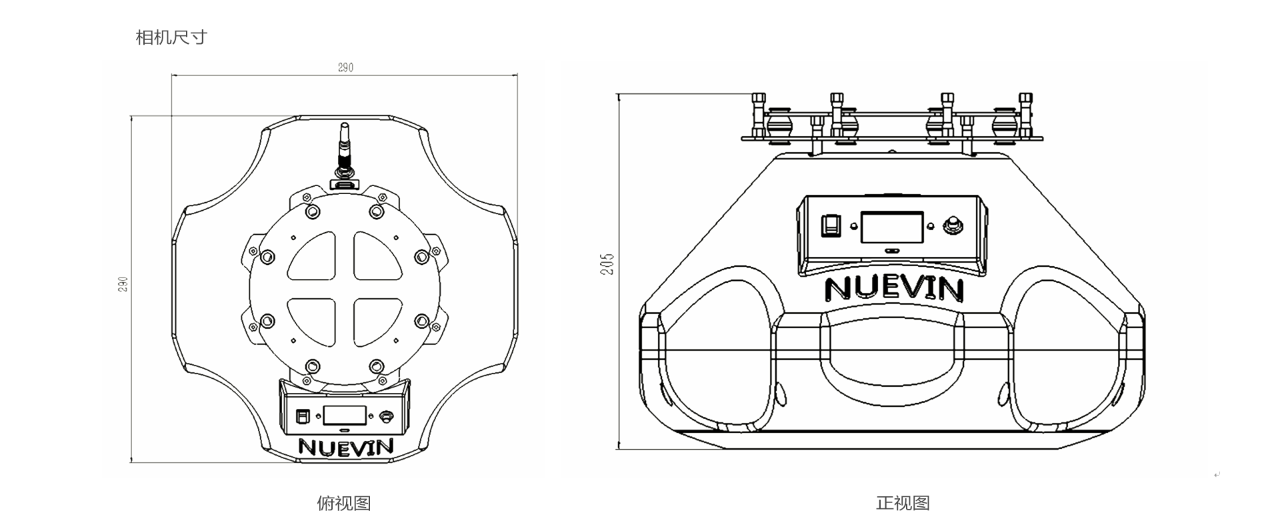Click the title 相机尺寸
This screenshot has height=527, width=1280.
[x=171, y=37]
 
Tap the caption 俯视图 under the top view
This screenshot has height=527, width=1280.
[x=343, y=503]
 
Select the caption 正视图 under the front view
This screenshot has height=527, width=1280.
[x=903, y=503]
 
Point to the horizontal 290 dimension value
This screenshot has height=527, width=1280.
[x=345, y=67]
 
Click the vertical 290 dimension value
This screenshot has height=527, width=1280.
[x=122, y=284]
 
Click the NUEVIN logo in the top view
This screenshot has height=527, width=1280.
[x=346, y=446]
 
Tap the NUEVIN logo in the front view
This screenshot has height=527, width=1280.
[x=894, y=289]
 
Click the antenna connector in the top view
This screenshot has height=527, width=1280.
[x=345, y=154]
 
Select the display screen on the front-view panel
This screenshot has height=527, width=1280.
[x=892, y=227]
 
